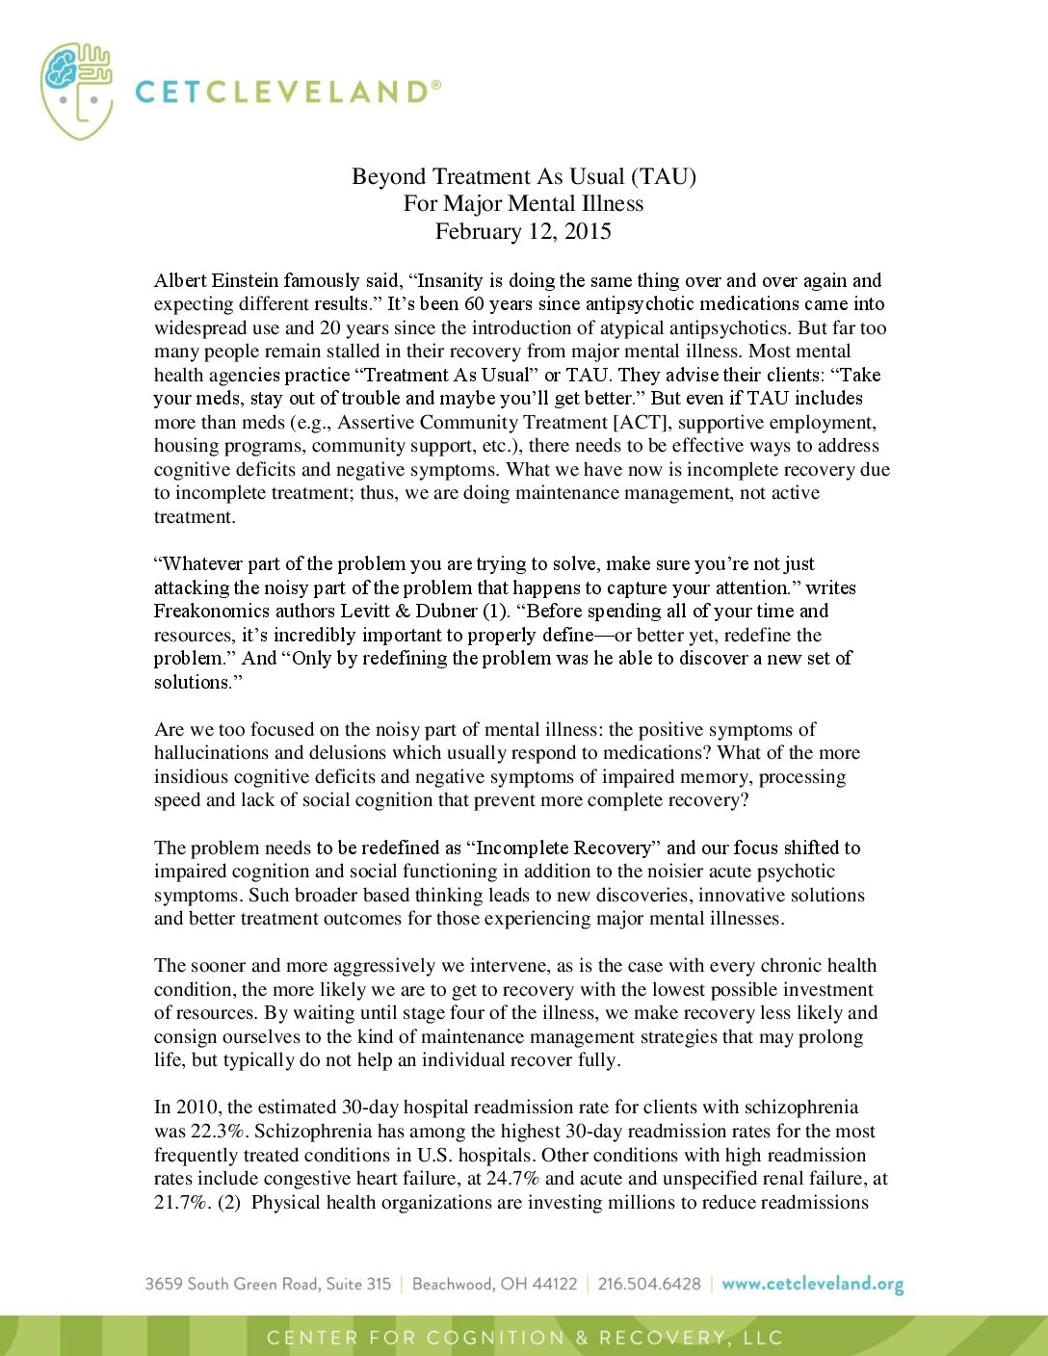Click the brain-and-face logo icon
coord(76,91)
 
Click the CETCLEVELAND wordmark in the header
coord(287,91)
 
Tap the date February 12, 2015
coord(523,231)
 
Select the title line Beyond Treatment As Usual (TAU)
coord(523,176)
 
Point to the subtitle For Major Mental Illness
coord(523,203)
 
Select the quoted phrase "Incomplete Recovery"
coord(564,847)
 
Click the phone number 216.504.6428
coord(649,1284)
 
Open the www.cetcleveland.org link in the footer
coord(812,1284)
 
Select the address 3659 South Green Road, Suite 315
coord(268,1284)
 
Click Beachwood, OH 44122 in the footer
coord(494,1284)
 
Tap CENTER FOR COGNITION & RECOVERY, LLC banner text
coord(524,1338)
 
